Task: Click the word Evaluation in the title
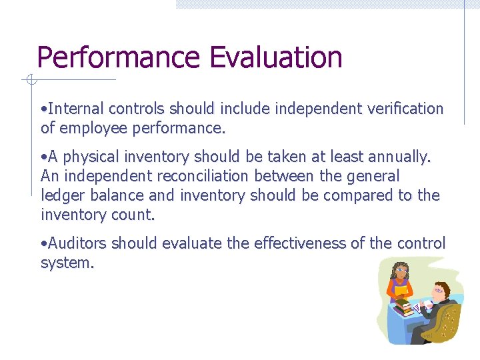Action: coord(275,57)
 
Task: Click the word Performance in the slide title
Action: coord(119,59)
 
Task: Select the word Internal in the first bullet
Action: coord(75,109)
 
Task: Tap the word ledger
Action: coord(60,196)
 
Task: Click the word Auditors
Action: coord(77,244)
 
